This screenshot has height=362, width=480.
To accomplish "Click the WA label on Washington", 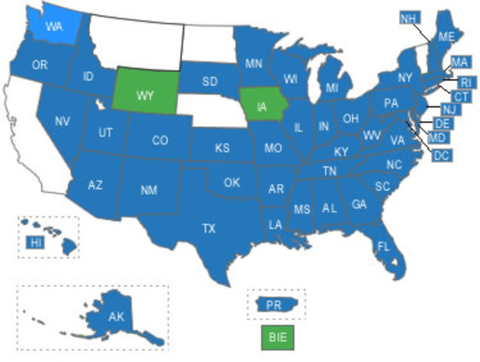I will [x=54, y=26].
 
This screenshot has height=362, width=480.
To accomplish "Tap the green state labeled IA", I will [x=262, y=106].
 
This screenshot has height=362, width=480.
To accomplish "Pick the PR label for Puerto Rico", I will [x=275, y=304].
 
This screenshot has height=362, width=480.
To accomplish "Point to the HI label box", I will [x=35, y=242].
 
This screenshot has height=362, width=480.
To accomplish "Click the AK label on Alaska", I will [x=115, y=317].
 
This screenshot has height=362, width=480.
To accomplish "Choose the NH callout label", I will [x=409, y=17].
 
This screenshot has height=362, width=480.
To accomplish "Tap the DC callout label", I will [x=442, y=155].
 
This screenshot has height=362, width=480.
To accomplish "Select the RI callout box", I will [x=465, y=83].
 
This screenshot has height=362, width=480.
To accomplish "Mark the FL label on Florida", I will [x=383, y=247].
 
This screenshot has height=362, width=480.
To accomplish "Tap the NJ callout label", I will [x=450, y=110].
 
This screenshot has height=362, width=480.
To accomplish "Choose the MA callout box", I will [x=459, y=61].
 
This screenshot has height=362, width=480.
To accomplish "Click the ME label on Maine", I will [x=446, y=36].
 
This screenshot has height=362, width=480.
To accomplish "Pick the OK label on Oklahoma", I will [x=232, y=182].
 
